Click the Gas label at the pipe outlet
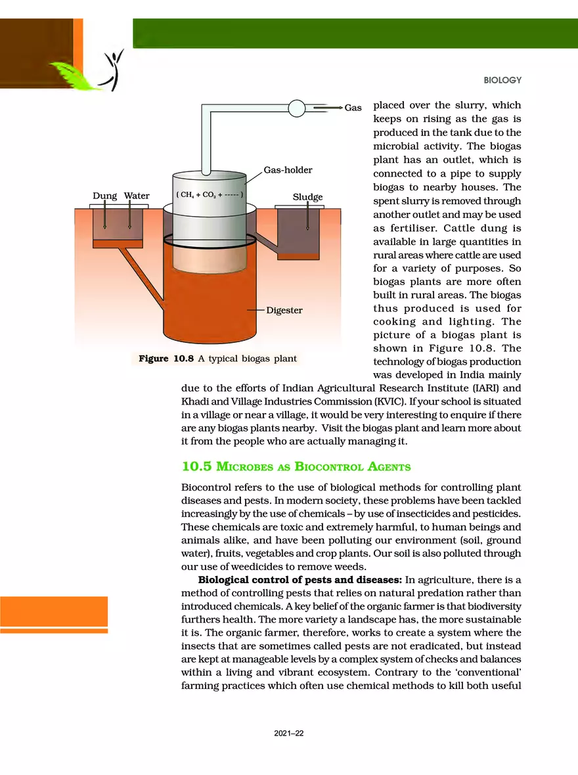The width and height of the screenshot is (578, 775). (x=353, y=108)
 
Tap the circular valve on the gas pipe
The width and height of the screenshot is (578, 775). (x=296, y=107)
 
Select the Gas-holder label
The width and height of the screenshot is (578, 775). (x=288, y=170)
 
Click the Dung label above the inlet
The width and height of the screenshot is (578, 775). (x=104, y=196)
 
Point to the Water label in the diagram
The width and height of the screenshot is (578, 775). (x=137, y=196)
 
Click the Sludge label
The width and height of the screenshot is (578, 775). (x=307, y=197)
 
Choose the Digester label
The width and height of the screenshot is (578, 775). (x=284, y=310)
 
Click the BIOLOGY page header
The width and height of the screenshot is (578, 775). (x=502, y=80)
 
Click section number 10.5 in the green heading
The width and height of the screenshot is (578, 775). (x=196, y=467)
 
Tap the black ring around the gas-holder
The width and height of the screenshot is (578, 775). (x=208, y=241)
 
